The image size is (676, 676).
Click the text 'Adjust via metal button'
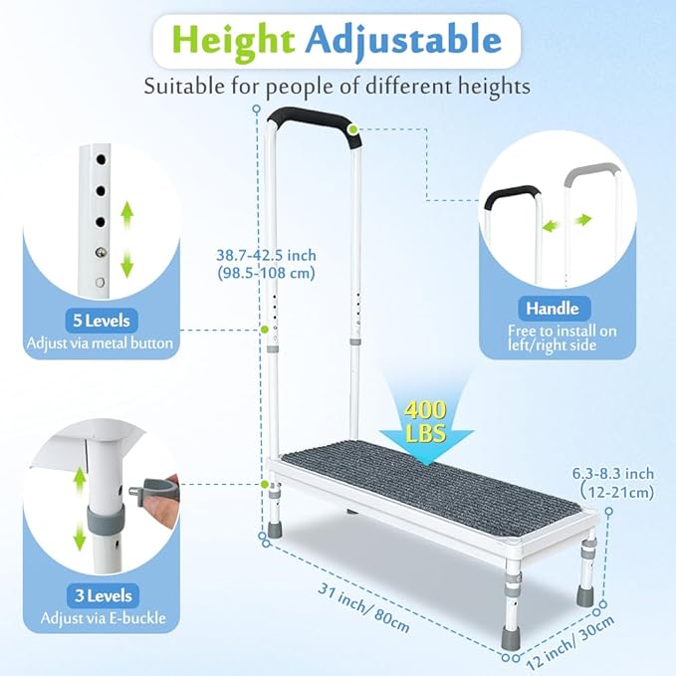pos(101,344)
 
